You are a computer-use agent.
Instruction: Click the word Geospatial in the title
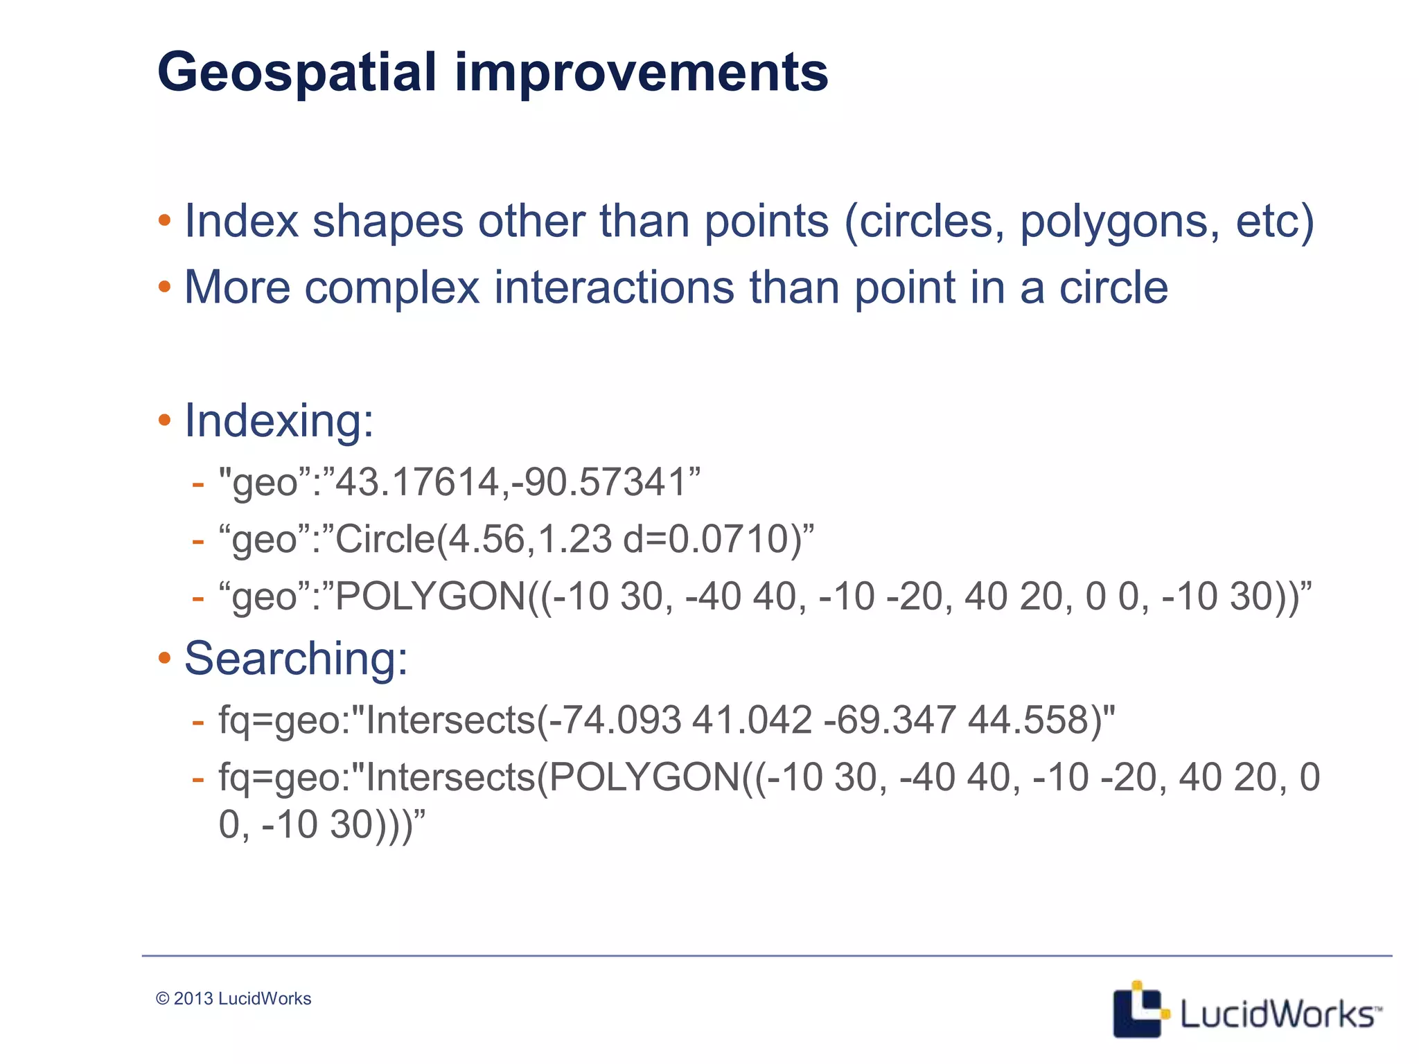297,73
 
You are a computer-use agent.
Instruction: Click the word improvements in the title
641,73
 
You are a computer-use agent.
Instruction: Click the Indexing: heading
279,420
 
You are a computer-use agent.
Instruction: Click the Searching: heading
296,658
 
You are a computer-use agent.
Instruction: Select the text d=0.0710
707,539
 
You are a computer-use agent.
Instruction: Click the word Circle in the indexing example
385,539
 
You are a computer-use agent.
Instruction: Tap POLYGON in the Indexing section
430,596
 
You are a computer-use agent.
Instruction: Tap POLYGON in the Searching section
644,777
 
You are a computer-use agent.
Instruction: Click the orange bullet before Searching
164,658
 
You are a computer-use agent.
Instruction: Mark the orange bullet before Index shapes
164,222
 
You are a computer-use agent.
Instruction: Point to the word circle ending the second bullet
1113,287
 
